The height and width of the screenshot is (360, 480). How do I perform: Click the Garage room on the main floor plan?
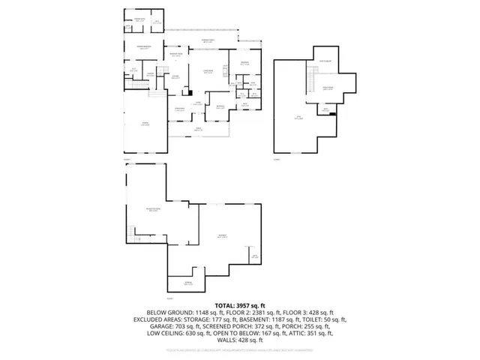146,124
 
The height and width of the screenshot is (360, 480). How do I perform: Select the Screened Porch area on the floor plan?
208,40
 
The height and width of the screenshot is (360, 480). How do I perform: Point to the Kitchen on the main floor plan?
174,76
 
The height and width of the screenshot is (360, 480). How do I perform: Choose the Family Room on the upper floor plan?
328,88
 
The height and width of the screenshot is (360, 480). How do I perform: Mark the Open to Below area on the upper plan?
326,62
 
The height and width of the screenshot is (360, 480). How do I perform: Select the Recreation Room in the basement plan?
152,209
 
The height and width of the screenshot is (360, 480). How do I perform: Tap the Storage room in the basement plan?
187,283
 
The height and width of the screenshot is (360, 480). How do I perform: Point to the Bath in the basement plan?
254,256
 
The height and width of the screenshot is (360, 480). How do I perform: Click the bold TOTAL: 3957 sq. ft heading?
240,305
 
